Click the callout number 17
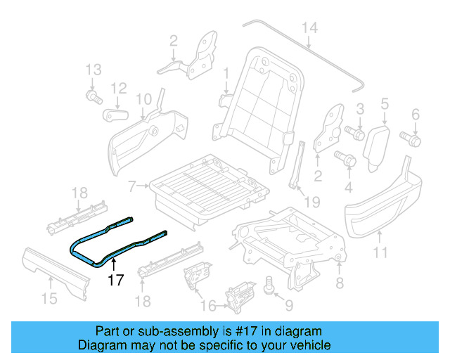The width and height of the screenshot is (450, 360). click(115, 280)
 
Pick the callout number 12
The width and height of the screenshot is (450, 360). click(118, 89)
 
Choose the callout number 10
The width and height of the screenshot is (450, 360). click(143, 98)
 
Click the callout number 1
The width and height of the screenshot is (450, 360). click(226, 73)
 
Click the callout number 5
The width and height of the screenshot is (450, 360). click(384, 105)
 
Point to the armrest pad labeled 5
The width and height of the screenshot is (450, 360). click(377, 144)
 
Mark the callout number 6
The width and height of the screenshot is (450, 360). click(415, 114)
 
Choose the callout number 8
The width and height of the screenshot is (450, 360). click(340, 283)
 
